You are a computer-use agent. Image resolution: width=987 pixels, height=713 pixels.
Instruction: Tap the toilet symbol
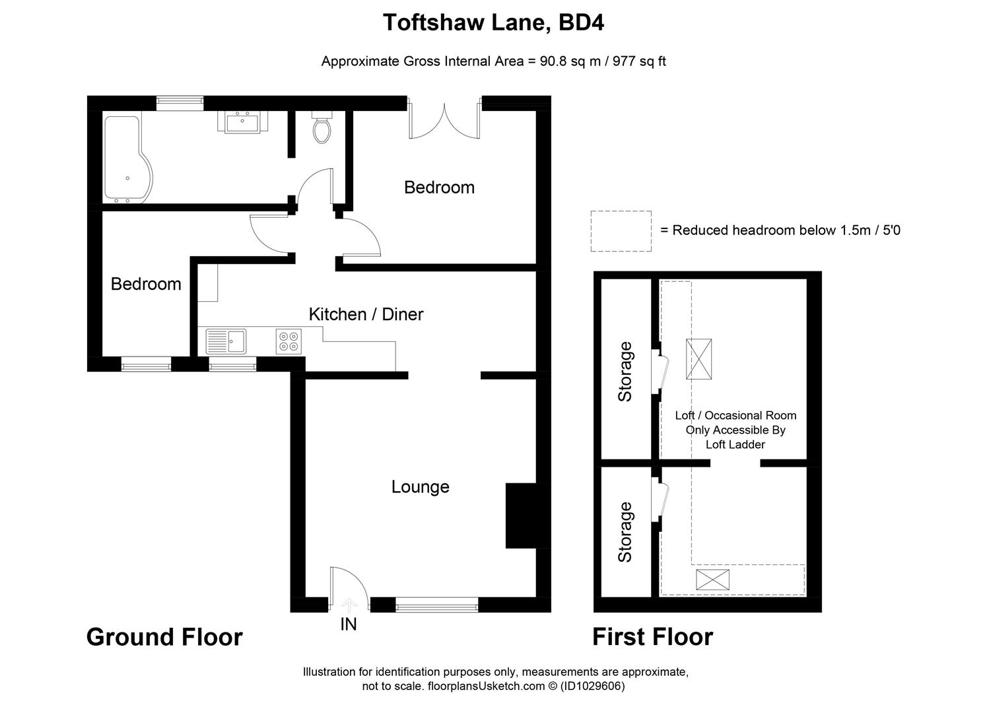322,129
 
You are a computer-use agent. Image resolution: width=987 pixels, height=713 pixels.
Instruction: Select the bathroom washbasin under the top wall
242,121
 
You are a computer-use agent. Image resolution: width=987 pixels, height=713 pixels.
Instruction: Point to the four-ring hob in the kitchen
289,341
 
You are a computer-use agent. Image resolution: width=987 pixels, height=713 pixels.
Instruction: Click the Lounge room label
420,487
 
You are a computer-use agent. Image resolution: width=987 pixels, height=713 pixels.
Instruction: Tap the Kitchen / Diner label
366,314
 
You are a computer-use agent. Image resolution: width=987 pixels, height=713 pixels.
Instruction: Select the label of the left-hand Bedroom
146,284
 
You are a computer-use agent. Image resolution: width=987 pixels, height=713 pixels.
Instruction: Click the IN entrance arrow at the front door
348,604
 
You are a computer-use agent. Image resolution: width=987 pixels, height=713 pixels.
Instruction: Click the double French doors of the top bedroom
444,119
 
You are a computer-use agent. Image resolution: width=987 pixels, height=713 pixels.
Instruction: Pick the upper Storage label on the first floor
625,372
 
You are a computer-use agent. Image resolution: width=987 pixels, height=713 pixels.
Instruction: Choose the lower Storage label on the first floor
625,532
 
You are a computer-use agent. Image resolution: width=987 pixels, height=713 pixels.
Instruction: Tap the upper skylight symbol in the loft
698,358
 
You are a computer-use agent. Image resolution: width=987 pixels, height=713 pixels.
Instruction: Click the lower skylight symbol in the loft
713,580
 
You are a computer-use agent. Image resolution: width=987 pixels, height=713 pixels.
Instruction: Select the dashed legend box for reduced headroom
621,231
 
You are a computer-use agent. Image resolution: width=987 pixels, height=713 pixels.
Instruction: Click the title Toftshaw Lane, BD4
493,23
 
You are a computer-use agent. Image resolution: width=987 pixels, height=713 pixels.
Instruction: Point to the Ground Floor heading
164,637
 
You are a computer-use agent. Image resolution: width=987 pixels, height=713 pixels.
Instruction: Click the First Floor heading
652,637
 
